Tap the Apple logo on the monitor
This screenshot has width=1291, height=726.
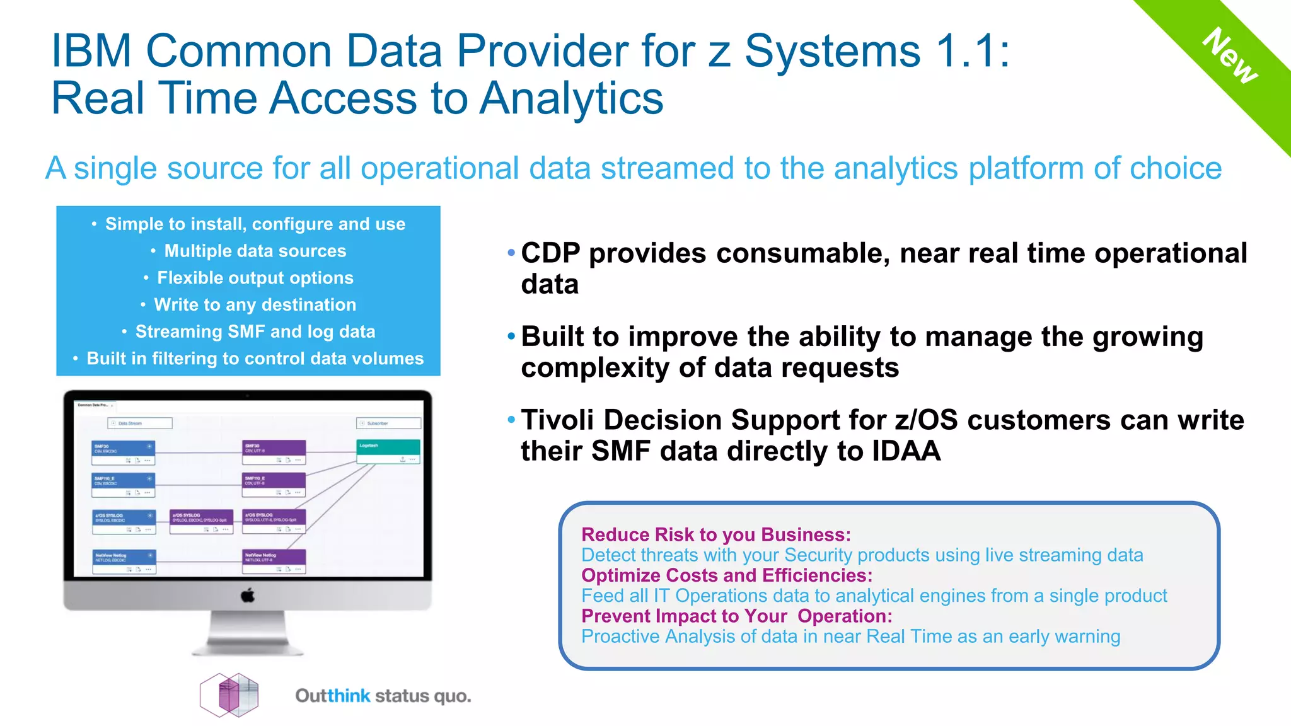pos(248,595)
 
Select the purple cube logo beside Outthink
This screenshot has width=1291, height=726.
pos(229,695)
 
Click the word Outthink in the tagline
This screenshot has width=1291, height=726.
pos(333,696)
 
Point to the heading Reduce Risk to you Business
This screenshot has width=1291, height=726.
pos(715,534)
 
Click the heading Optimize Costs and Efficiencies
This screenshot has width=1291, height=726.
pos(726,575)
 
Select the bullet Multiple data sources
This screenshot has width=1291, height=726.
pos(255,251)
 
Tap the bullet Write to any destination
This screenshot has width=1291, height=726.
pos(255,304)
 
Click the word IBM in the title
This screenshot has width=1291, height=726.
pos(91,50)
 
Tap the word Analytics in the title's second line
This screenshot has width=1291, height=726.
pos(571,98)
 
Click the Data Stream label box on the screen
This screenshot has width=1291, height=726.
pos(140,423)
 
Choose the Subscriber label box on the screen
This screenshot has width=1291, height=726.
pos(388,423)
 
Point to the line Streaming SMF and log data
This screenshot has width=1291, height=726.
pos(255,331)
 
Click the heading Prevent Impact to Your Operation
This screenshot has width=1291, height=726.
pos(736,616)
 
